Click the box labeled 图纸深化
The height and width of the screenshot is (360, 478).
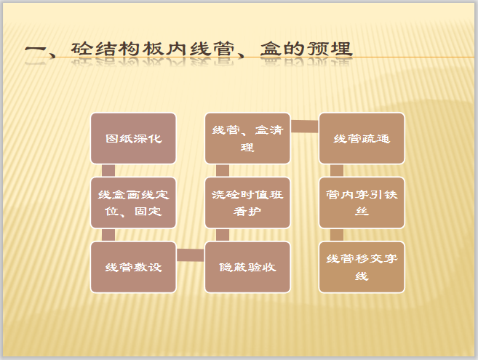[133, 138]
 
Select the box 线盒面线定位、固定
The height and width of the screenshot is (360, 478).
[133, 203]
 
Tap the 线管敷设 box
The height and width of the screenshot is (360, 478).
[133, 267]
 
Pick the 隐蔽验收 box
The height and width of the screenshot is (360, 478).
[247, 267]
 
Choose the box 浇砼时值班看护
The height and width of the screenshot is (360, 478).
[247, 203]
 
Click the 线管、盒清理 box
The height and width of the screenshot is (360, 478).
[247, 138]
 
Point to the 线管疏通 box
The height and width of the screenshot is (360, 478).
[362, 138]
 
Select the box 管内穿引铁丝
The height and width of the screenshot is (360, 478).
[362, 203]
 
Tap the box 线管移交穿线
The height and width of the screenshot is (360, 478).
[362, 267]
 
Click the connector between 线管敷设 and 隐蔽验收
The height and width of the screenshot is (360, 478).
[191, 255]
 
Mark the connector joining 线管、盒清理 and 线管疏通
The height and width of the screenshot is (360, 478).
[305, 127]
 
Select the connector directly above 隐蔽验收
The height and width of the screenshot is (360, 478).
[223, 235]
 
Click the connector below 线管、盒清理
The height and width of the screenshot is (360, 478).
[223, 170]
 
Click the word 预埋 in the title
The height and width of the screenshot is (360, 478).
[329, 49]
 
